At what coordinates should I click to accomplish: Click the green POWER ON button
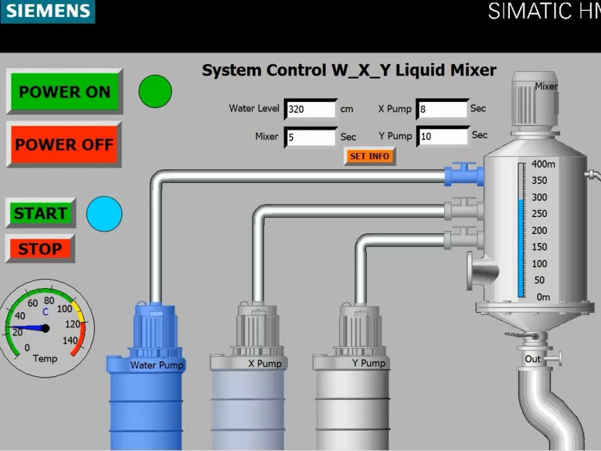click(64, 91)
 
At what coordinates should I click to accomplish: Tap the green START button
click(40, 213)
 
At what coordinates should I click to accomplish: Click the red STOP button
click(40, 248)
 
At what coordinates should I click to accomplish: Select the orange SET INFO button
click(370, 156)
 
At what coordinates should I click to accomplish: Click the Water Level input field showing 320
click(310, 109)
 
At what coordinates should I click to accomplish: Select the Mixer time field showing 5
click(310, 137)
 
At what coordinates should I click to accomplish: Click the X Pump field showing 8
click(442, 109)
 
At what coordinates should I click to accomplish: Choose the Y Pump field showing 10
click(442, 137)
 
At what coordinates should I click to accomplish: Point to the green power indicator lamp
click(155, 91)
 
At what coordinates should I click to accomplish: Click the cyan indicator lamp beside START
click(104, 213)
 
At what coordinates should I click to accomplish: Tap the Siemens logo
click(47, 11)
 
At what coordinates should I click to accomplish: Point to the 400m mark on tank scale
click(543, 164)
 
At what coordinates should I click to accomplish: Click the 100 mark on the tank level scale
click(539, 263)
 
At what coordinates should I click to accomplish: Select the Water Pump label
click(157, 365)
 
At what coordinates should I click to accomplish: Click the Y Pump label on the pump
click(368, 363)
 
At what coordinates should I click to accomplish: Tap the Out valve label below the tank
click(533, 359)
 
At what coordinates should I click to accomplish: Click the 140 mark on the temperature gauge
click(72, 340)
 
